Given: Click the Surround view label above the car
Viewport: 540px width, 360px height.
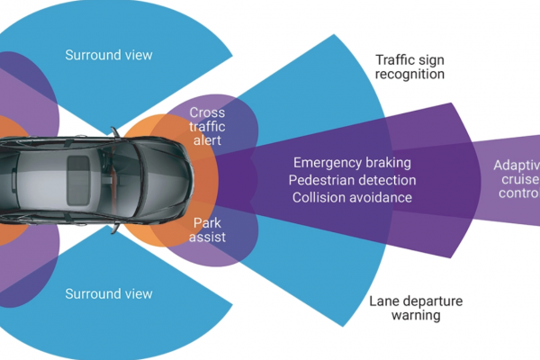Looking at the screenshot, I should coord(109,55).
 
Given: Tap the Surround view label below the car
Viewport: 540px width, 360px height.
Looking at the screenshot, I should coord(109,294).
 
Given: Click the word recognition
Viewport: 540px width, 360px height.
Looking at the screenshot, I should coord(410,75).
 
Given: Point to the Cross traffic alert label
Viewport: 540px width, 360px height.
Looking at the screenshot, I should coord(207,127).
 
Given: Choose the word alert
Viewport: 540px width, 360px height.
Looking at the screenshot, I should coord(207,142).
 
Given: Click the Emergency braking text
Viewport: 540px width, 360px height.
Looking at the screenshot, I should coord(352,163).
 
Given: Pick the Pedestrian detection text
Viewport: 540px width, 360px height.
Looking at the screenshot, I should coord(352,180).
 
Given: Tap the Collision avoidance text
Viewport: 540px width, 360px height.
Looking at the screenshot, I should coord(352,197).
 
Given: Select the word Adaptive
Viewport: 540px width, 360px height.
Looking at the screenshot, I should coord(517,166).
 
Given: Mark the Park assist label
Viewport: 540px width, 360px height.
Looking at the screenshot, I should coord(209,229).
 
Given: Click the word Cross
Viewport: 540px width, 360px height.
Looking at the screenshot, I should coord(207,112).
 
